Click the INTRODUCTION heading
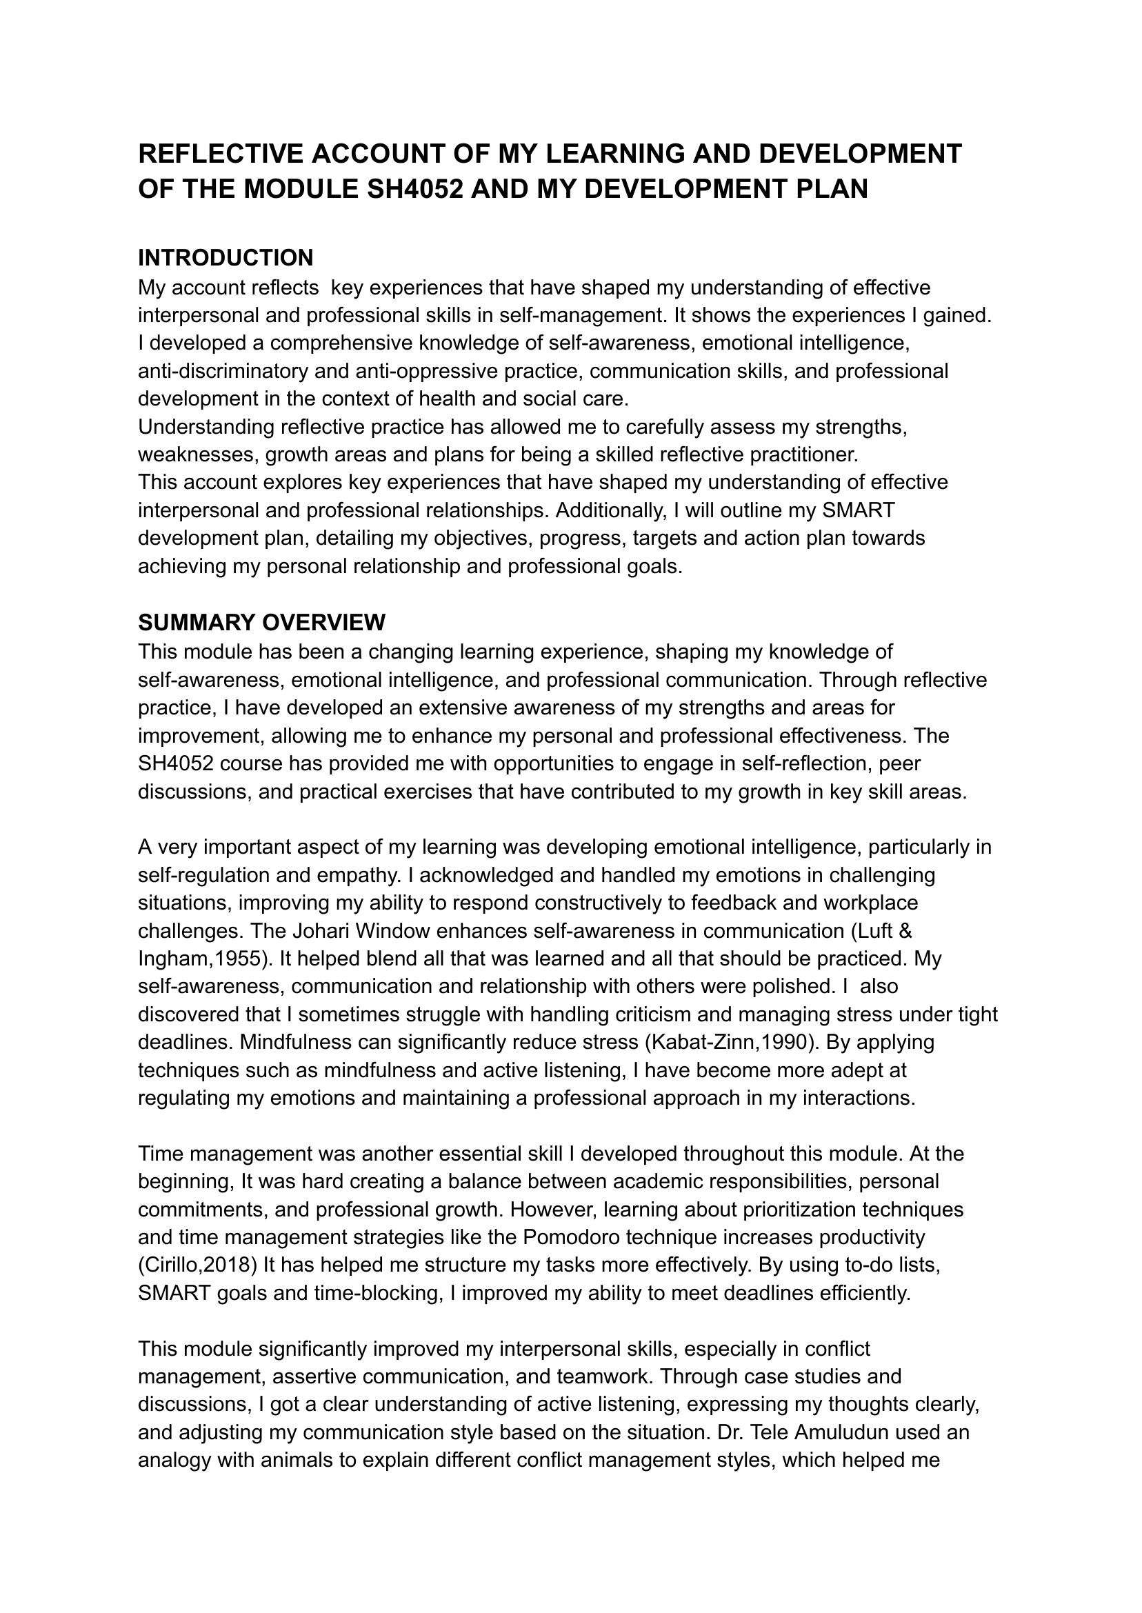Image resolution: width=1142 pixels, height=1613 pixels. pos(225,258)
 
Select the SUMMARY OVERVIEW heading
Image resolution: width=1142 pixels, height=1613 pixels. pos(261,622)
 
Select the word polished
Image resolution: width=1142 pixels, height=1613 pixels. pos(796,987)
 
